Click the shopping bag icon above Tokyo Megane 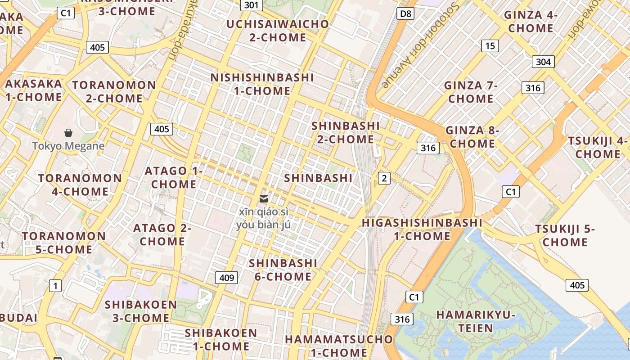click(68, 133)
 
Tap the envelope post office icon click(264, 198)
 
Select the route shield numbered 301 click(252, 5)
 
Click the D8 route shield click(405, 14)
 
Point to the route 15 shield click(490, 45)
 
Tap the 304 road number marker click(543, 62)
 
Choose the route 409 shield click(226, 278)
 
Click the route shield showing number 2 click(384, 178)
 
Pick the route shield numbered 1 click(55, 286)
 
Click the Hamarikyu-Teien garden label click(476, 321)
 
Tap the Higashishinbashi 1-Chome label click(422, 229)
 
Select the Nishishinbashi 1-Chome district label click(262, 84)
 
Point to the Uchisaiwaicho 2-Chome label click(278, 31)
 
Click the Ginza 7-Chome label click(471, 92)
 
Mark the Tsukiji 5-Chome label click(565, 235)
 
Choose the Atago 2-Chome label click(162, 234)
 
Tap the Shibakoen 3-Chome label click(141, 311)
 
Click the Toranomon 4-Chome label click(80, 184)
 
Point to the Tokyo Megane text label click(68, 146)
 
